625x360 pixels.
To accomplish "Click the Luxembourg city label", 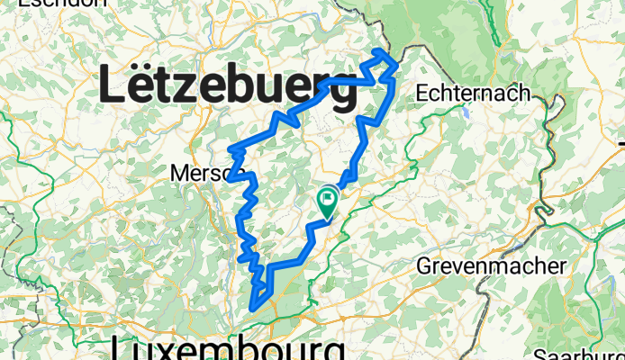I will click(230, 349).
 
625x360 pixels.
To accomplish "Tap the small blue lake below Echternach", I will click(466, 113).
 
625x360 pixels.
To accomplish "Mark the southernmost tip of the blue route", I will click(255, 307).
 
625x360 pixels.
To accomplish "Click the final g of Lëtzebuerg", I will click(340, 92).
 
